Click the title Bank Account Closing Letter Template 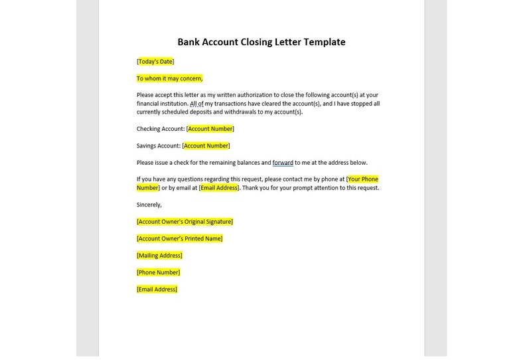coord(261,42)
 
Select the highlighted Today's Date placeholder coord(155,62)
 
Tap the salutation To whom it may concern coord(169,78)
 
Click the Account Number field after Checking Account coord(210,129)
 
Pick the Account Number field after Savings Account coord(206,146)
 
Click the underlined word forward coord(283,163)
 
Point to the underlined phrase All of coord(196,104)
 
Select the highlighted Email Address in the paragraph coord(219,188)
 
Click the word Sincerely coord(149,205)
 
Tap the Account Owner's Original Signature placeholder coord(185,222)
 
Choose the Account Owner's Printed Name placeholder coord(179,238)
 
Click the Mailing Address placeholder coord(159,256)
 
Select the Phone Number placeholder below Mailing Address coord(158,272)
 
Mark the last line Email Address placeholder coord(157,290)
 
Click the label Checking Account coord(160,129)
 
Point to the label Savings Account coord(158,146)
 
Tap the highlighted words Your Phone coord(363,179)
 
